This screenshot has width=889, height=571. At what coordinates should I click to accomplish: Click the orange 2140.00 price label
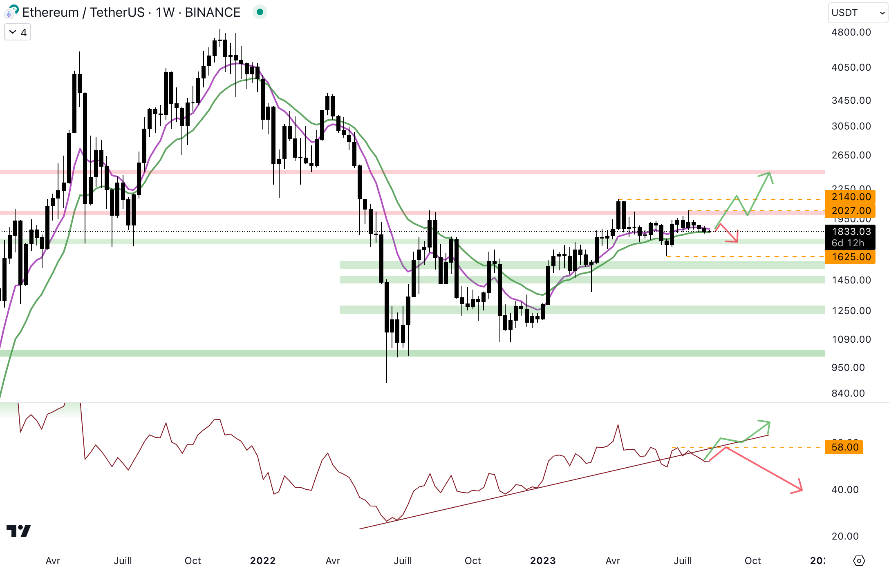[850, 197]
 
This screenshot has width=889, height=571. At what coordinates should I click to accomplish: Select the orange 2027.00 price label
[850, 211]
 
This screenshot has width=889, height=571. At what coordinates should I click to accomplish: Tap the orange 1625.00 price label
[850, 257]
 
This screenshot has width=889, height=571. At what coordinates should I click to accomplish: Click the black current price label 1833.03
[850, 232]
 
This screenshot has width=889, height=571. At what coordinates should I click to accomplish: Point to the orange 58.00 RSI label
[844, 447]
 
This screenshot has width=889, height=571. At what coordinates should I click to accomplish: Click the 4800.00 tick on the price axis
[851, 32]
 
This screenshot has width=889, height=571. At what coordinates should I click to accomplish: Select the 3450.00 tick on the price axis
[851, 100]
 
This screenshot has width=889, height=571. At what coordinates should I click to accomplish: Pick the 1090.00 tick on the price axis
[851, 339]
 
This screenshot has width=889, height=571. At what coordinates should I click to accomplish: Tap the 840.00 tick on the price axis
[848, 393]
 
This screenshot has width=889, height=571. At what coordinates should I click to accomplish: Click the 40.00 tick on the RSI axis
[845, 490]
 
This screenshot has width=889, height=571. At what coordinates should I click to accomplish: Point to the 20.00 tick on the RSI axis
[845, 536]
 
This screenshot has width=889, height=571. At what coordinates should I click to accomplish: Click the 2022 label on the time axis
[263, 561]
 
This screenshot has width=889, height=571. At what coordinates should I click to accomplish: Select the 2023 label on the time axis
[543, 561]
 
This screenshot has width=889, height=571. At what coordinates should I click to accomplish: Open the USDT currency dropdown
[858, 13]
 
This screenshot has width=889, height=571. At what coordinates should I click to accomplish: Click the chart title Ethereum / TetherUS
[83, 13]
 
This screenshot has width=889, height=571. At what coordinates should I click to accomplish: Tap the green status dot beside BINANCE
[260, 12]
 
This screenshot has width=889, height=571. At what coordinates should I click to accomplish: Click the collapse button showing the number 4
[18, 32]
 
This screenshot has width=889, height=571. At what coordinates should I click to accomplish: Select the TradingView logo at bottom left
[19, 531]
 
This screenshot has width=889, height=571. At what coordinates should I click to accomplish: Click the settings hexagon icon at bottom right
[859, 561]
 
